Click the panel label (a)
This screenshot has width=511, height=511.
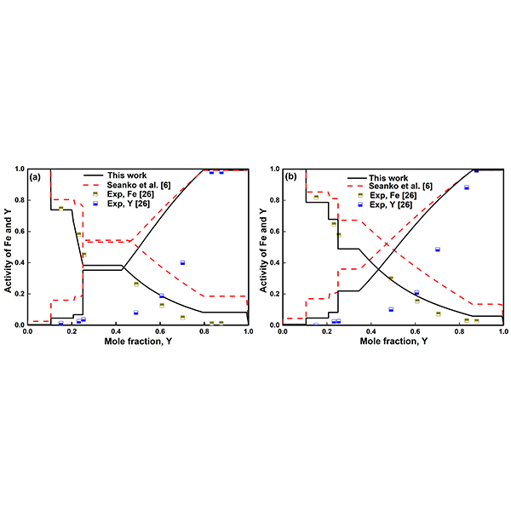pos(36,177)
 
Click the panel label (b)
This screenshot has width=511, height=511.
pos(291,177)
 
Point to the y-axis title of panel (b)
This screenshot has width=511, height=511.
pos(265,246)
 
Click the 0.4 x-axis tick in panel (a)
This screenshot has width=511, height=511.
pos(115,331)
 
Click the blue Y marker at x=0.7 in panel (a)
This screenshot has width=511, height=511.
pos(182,262)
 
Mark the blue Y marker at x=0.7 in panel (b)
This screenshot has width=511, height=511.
pos(438,250)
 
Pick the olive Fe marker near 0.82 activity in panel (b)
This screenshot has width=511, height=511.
pos(316,197)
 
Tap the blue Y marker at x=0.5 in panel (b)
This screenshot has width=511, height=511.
pos(391,309)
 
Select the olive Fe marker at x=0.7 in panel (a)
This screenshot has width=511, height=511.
pos(182,317)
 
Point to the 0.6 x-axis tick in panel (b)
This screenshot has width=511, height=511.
pos(415,331)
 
